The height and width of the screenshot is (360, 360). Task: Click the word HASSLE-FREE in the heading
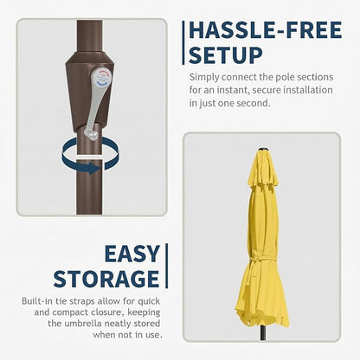tap(266, 30)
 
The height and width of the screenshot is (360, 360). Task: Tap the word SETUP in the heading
tap(226, 55)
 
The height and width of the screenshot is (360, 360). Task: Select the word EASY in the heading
tap(132, 254)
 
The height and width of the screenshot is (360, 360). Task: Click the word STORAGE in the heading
tap(106, 279)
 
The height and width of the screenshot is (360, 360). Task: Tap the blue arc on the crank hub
tap(103, 84)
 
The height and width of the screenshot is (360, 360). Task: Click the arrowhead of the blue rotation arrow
tap(94, 168)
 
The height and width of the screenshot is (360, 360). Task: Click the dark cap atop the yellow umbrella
tap(263, 149)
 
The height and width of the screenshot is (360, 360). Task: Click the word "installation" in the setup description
tap(308, 90)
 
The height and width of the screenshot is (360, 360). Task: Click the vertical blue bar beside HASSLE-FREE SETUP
tap(183, 42)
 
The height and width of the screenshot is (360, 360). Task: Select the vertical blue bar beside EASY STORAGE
tap(166, 266)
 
